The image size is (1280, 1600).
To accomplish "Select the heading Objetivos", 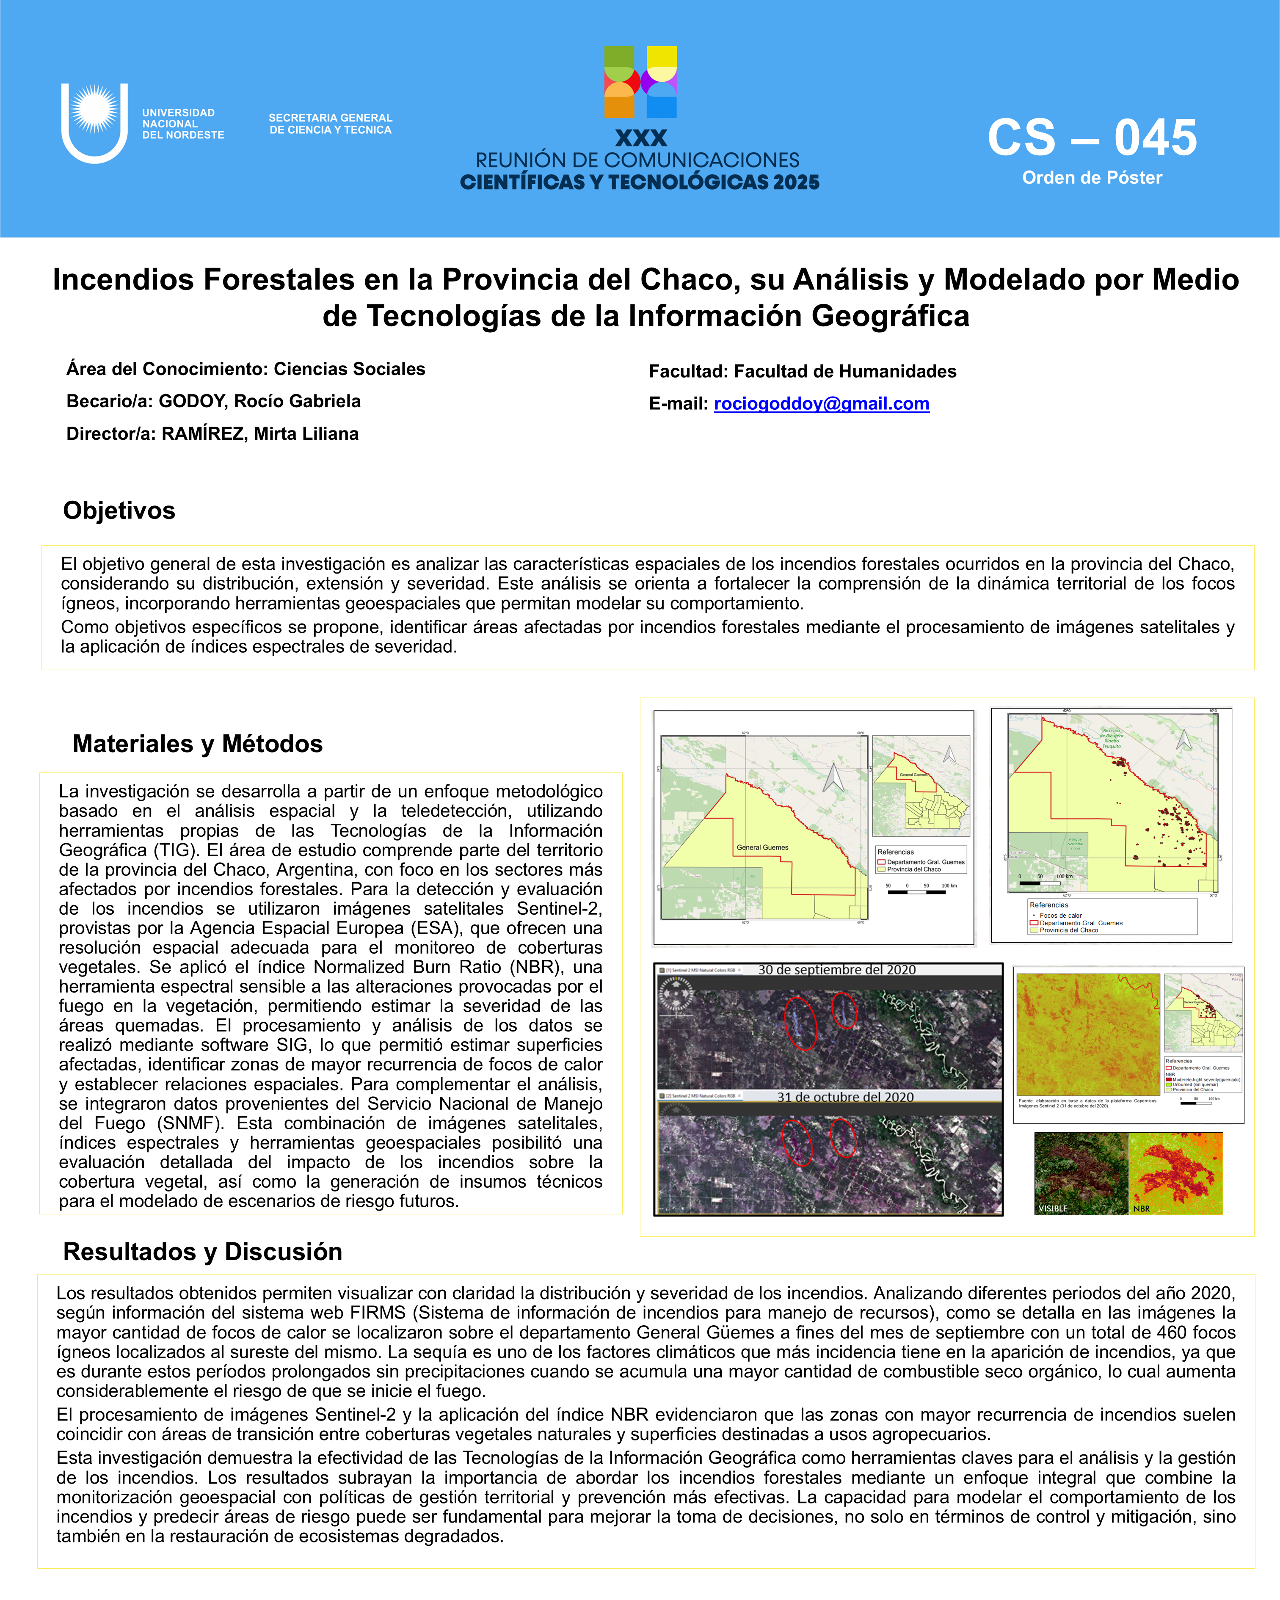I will (x=119, y=510).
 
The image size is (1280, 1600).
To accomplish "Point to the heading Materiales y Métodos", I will (x=197, y=744).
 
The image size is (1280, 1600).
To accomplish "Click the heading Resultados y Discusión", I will (x=203, y=1251).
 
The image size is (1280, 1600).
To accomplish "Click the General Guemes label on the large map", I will (x=762, y=847).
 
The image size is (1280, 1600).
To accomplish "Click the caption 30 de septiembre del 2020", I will (x=836, y=970).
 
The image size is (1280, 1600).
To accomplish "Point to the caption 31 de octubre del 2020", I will (x=845, y=1097).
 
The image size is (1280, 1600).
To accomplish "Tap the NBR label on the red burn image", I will (x=1141, y=1208).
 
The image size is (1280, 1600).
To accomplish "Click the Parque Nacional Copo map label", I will (x=1075, y=844).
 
